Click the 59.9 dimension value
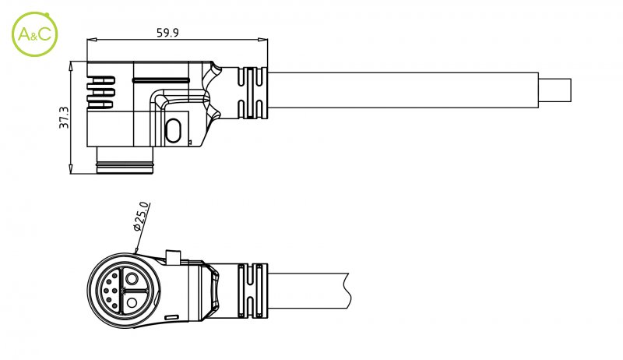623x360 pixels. coord(167,33)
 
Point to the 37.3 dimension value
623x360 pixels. coord(64,118)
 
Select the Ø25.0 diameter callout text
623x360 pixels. coord(141,217)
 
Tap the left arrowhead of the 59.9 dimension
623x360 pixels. coord(92,40)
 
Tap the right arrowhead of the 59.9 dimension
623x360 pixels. coord(262,40)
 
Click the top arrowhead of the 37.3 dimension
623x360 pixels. coord(71,66)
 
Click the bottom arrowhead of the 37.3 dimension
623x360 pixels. coord(71,168)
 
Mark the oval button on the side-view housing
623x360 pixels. coord(173,131)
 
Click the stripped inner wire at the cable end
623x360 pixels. coord(555,90)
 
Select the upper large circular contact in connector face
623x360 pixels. coord(132,279)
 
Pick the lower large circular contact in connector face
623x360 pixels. coord(132,303)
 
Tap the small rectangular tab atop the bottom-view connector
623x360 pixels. coord(173,256)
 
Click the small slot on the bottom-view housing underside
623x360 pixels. coord(172,317)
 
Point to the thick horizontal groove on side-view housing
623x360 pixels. coord(161,80)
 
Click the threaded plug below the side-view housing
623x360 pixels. coord(125,161)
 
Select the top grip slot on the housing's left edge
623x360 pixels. coord(101,80)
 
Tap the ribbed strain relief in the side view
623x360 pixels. coord(252,94)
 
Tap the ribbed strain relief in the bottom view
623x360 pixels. coord(252,291)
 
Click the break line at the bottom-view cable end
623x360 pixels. coord(349,291)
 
